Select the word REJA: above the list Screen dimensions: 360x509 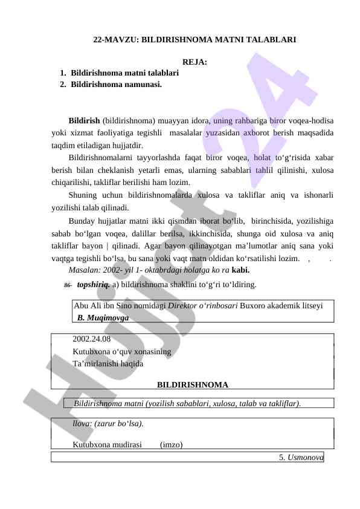coord(194,62)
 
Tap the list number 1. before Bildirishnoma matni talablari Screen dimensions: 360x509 coord(63,73)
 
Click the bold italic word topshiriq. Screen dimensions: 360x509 coord(93,284)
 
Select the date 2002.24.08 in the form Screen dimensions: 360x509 coord(91,339)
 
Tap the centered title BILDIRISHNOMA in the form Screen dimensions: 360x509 coord(193,384)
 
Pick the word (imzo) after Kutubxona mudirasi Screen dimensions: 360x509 coord(172,446)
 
